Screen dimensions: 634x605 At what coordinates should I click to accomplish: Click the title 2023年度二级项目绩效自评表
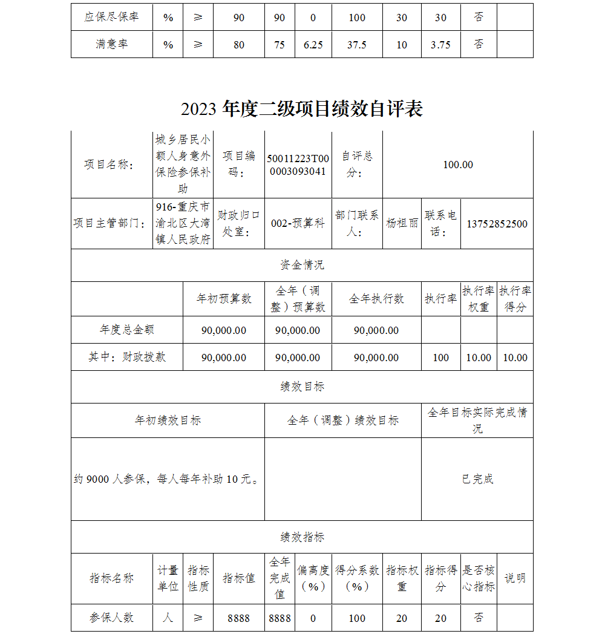301,109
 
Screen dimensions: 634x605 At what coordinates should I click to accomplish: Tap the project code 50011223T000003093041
298,165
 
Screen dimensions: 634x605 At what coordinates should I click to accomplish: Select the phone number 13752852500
497,224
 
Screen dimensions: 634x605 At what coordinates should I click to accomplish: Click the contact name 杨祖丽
402,223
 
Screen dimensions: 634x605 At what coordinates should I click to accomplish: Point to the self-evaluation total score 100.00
458,165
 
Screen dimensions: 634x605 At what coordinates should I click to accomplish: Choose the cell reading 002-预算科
298,223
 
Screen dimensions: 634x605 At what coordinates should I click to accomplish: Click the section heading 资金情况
302,265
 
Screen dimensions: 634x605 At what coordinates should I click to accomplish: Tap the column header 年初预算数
224,299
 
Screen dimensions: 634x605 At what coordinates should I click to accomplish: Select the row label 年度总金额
127,330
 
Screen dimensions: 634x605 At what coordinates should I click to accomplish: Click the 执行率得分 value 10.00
515,358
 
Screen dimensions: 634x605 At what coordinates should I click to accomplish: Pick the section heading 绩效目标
302,387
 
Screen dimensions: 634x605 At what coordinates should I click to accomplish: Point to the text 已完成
477,479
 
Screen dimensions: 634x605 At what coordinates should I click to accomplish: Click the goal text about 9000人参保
167,480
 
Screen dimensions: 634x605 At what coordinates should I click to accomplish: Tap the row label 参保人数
111,618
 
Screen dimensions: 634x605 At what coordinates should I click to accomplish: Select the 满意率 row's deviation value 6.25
313,45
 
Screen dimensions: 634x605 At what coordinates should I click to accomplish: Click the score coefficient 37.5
357,45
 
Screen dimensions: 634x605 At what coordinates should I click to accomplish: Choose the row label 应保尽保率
111,17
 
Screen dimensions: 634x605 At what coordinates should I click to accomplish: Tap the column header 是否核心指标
479,578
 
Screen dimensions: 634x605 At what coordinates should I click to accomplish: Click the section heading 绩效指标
302,537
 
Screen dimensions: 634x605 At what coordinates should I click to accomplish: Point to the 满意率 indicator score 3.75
440,45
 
